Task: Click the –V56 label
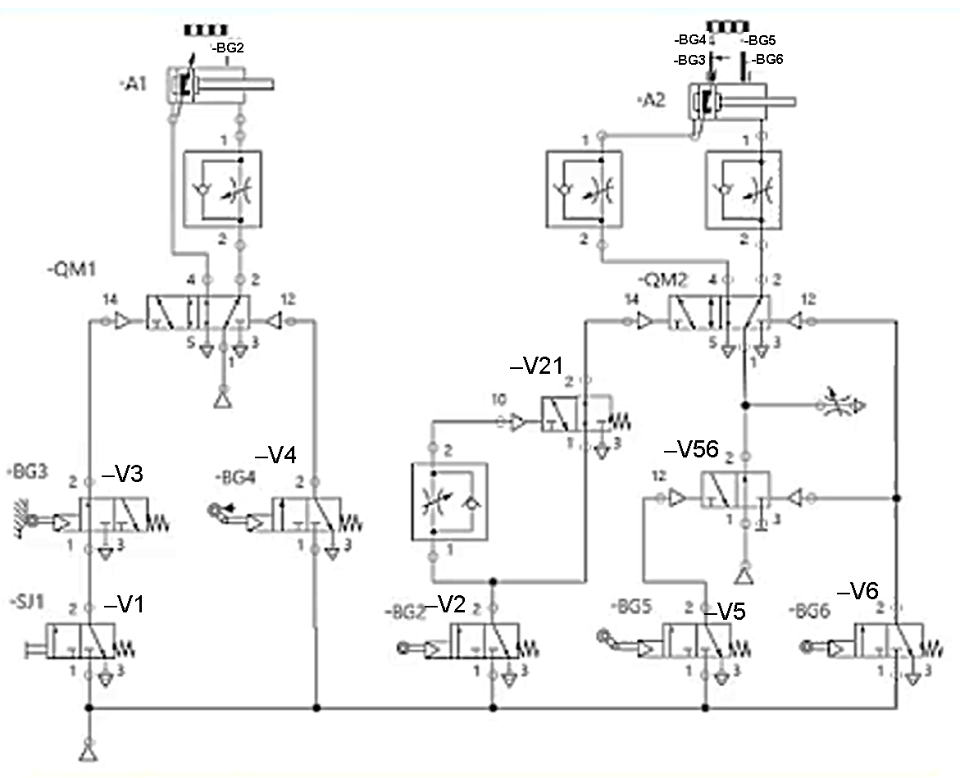click(x=691, y=449)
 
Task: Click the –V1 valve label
click(x=125, y=605)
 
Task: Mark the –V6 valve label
click(x=858, y=593)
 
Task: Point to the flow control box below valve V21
click(x=448, y=501)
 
